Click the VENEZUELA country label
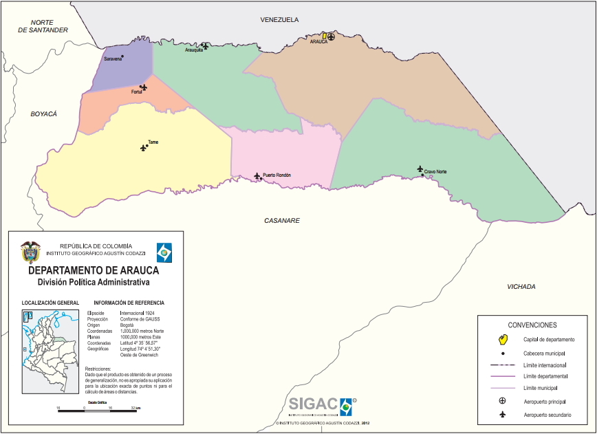click(279, 20)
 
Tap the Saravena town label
click(112, 59)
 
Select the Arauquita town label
click(194, 50)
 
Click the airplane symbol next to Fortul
click(143, 87)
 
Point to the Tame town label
click(153, 142)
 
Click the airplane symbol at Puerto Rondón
click(257, 176)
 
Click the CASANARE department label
click(282, 220)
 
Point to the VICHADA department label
click(521, 287)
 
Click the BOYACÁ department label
click(43, 113)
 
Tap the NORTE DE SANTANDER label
click(43, 26)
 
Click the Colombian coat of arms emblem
click(30, 252)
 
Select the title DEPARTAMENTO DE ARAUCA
click(93, 270)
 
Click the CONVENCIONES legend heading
click(532, 325)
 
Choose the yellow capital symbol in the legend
click(503, 339)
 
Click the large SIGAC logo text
click(313, 404)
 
